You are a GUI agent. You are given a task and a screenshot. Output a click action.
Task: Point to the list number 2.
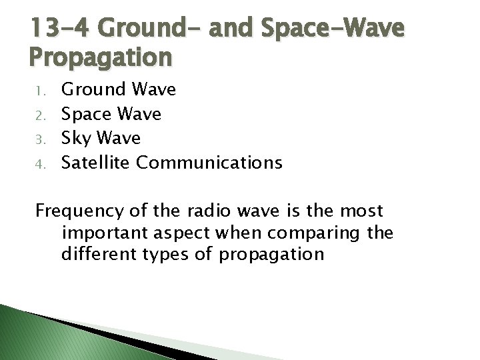[39, 115]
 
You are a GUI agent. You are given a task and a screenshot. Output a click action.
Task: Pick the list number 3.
[39, 139]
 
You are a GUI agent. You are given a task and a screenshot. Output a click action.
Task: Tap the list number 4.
[39, 163]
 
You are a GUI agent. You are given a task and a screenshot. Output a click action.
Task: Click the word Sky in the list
[75, 138]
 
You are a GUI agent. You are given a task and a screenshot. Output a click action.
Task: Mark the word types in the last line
[169, 255]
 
